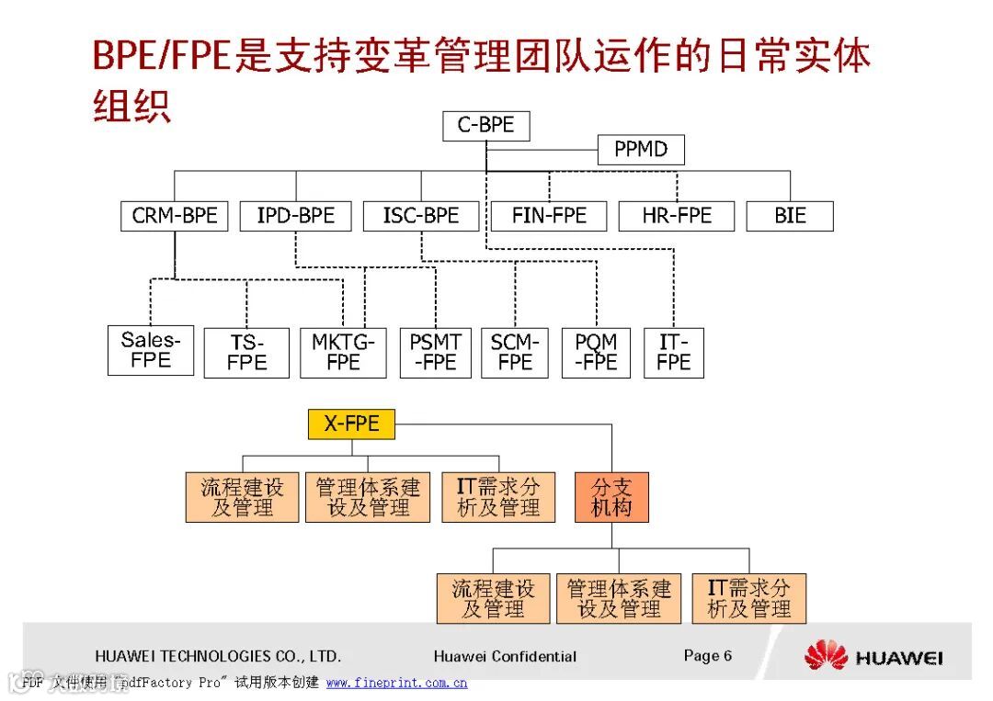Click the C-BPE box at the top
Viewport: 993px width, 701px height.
[x=485, y=126]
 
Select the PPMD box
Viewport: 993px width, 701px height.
[x=641, y=149]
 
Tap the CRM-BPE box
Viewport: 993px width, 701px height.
[x=175, y=216]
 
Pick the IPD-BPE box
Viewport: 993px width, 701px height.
[x=296, y=216]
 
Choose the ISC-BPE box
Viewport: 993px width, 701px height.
[x=421, y=216]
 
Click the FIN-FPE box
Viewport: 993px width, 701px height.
[x=549, y=216]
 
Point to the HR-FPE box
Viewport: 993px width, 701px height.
[x=677, y=216]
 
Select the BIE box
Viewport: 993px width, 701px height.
[x=790, y=216]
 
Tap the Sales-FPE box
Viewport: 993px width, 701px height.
[x=151, y=350]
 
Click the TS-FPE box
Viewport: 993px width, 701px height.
[x=246, y=353]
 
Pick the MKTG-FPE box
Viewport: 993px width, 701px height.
[x=343, y=353]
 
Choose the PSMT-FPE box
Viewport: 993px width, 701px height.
[x=435, y=353]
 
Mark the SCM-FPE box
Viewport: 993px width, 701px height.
[x=515, y=353]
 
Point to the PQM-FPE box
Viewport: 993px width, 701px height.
[x=596, y=353]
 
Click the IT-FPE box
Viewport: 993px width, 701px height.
[x=674, y=353]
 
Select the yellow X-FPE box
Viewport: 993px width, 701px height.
[x=350, y=424]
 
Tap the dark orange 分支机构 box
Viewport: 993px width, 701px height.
[x=611, y=497]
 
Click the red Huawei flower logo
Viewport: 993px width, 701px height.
[x=825, y=655]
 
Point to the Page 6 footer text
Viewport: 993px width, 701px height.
[x=707, y=655]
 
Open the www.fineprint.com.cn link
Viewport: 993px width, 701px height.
[x=396, y=683]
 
